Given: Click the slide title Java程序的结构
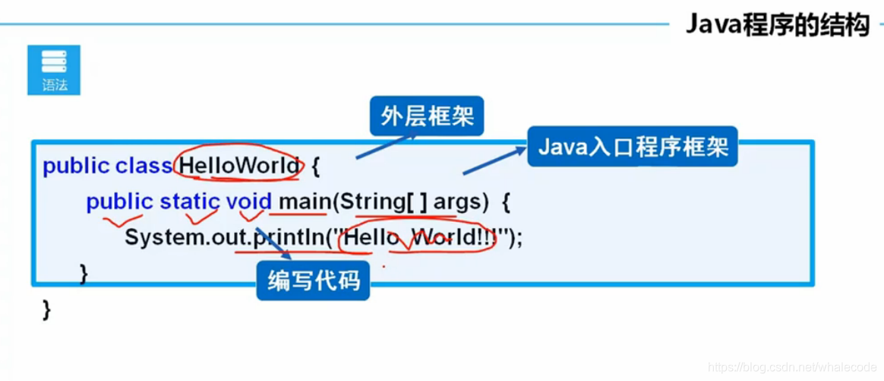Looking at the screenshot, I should click(777, 24).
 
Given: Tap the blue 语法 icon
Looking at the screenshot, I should click(54, 70).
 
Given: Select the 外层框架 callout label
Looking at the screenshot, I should click(427, 116).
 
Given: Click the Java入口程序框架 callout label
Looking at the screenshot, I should click(633, 146).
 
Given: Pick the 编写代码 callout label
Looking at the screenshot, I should click(313, 281).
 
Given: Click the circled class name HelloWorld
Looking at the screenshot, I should click(239, 166).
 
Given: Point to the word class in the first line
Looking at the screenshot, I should click(144, 166).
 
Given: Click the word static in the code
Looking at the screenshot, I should click(189, 202).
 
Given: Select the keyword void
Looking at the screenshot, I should click(248, 202).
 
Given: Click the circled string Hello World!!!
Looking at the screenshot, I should click(418, 238).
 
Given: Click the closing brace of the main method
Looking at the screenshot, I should click(84, 271).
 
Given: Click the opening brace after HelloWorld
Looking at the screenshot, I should click(317, 166).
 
